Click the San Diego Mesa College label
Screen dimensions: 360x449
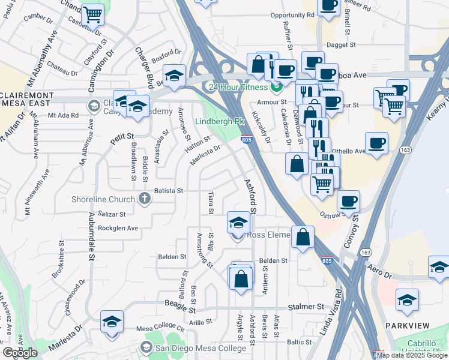(x=193, y=347)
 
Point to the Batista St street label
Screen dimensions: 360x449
(x=168, y=190)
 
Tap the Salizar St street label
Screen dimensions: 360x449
(x=111, y=214)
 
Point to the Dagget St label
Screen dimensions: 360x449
(x=341, y=44)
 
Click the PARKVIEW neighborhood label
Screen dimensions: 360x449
(x=408, y=326)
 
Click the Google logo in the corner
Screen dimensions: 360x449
(x=20, y=353)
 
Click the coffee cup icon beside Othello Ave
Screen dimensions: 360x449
(x=376, y=143)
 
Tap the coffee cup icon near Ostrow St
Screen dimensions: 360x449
(x=348, y=201)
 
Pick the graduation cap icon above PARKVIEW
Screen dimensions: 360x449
(x=408, y=299)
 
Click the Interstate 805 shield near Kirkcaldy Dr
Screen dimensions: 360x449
(x=247, y=140)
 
